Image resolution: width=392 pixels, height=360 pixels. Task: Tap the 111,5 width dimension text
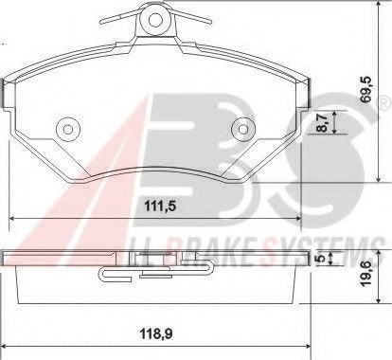coord(156,205)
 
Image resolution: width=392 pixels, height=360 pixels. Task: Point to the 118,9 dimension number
coord(156,333)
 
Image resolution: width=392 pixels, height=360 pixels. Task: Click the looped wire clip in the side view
coord(118,275)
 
